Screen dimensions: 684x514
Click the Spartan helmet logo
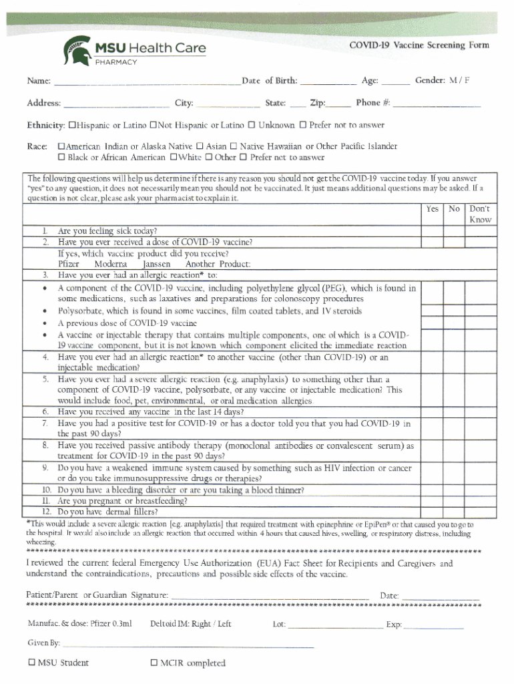click(x=75, y=50)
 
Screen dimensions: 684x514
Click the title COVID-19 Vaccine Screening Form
click(x=419, y=45)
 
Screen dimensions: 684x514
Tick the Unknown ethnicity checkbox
click(x=252, y=126)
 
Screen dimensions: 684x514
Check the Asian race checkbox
click(x=199, y=146)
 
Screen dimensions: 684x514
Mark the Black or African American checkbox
click(x=62, y=158)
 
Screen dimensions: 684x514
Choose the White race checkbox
click(x=174, y=158)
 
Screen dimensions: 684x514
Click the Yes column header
click(x=432, y=209)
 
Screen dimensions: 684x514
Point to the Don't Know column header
click(x=480, y=214)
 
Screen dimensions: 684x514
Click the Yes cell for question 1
click(x=432, y=230)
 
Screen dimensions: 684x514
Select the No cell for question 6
click(x=455, y=411)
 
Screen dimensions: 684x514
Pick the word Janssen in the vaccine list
click(x=157, y=264)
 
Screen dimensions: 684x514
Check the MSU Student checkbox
click(x=31, y=663)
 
